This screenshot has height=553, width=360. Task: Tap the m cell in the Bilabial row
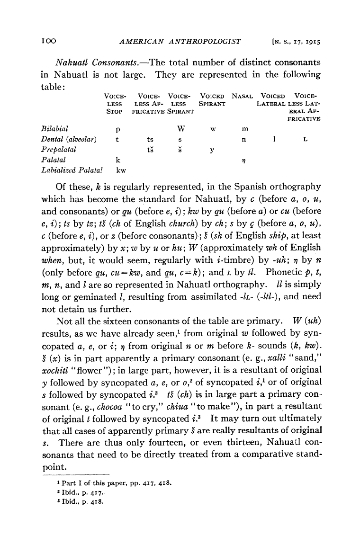pos(244,128)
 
